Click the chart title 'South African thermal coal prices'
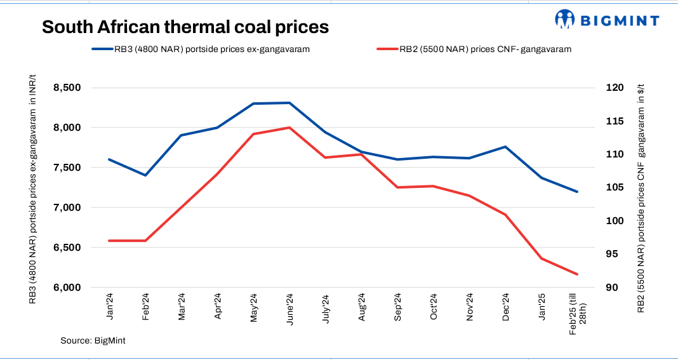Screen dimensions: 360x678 tap(185, 27)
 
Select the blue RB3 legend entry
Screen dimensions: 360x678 tap(201, 49)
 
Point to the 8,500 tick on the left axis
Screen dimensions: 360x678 tap(71, 88)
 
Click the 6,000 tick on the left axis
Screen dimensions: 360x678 tap(71, 288)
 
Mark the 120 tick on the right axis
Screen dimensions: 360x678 tap(615, 88)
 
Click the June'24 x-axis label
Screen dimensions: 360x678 tap(289, 309)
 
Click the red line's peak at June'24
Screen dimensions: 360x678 tap(289, 128)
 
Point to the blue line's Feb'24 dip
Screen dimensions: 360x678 tap(146, 175)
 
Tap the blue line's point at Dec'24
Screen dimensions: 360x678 tap(505, 147)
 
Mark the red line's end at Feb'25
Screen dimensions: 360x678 tap(577, 274)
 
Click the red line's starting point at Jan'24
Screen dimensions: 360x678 tap(110, 241)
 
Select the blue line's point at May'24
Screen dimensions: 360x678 tap(253, 103)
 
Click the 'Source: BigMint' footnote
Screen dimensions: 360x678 tap(93, 341)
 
